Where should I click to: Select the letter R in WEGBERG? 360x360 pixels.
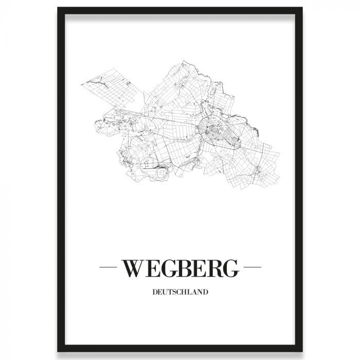214,268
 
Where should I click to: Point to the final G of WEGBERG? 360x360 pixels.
231,268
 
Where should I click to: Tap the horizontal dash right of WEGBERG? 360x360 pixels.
251,268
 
